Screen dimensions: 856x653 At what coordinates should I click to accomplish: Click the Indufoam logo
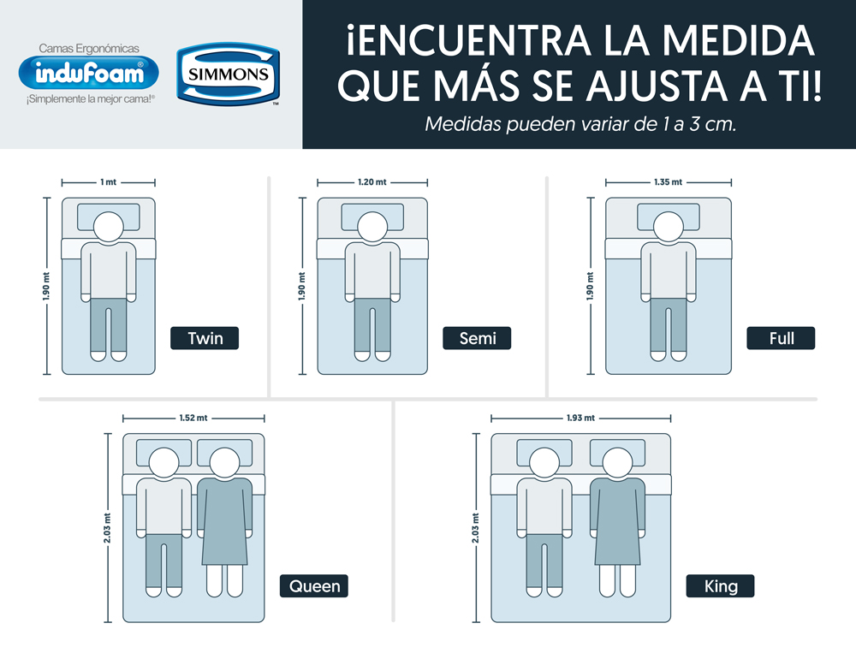pyautogui.click(x=88, y=73)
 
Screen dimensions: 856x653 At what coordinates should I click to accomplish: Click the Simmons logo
pyautogui.click(x=229, y=74)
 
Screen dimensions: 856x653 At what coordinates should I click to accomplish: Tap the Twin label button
pyautogui.click(x=205, y=338)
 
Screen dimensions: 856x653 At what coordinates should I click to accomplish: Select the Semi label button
pyautogui.click(x=477, y=338)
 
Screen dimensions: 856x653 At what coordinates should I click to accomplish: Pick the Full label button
pyautogui.click(x=781, y=338)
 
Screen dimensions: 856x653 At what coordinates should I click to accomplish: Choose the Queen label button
pyautogui.click(x=314, y=586)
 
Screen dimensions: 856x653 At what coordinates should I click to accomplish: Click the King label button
pyautogui.click(x=720, y=586)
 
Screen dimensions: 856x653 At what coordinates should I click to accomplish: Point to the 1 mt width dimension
pyautogui.click(x=108, y=182)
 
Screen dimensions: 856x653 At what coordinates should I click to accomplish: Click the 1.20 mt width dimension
pyautogui.click(x=372, y=182)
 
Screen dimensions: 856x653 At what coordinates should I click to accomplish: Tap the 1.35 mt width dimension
pyautogui.click(x=669, y=182)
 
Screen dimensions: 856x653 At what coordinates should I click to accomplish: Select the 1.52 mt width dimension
pyautogui.click(x=193, y=419)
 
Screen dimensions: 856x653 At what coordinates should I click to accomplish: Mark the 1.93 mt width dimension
pyautogui.click(x=581, y=419)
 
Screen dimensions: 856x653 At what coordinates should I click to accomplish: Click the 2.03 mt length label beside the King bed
pyautogui.click(x=475, y=528)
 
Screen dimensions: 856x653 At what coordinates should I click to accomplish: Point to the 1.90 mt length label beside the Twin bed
pyautogui.click(x=46, y=286)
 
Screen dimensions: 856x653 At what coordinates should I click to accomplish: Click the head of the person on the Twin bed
pyautogui.click(x=109, y=226)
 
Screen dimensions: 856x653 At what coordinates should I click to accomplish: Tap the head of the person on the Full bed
pyautogui.click(x=669, y=226)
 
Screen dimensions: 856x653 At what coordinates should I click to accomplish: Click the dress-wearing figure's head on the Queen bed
pyautogui.click(x=224, y=462)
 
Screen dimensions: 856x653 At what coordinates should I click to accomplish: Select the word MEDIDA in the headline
pyautogui.click(x=738, y=40)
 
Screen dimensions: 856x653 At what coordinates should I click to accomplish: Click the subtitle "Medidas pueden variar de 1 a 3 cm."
pyautogui.click(x=581, y=124)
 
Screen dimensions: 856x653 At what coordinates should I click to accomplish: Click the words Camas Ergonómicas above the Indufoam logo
pyautogui.click(x=89, y=49)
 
